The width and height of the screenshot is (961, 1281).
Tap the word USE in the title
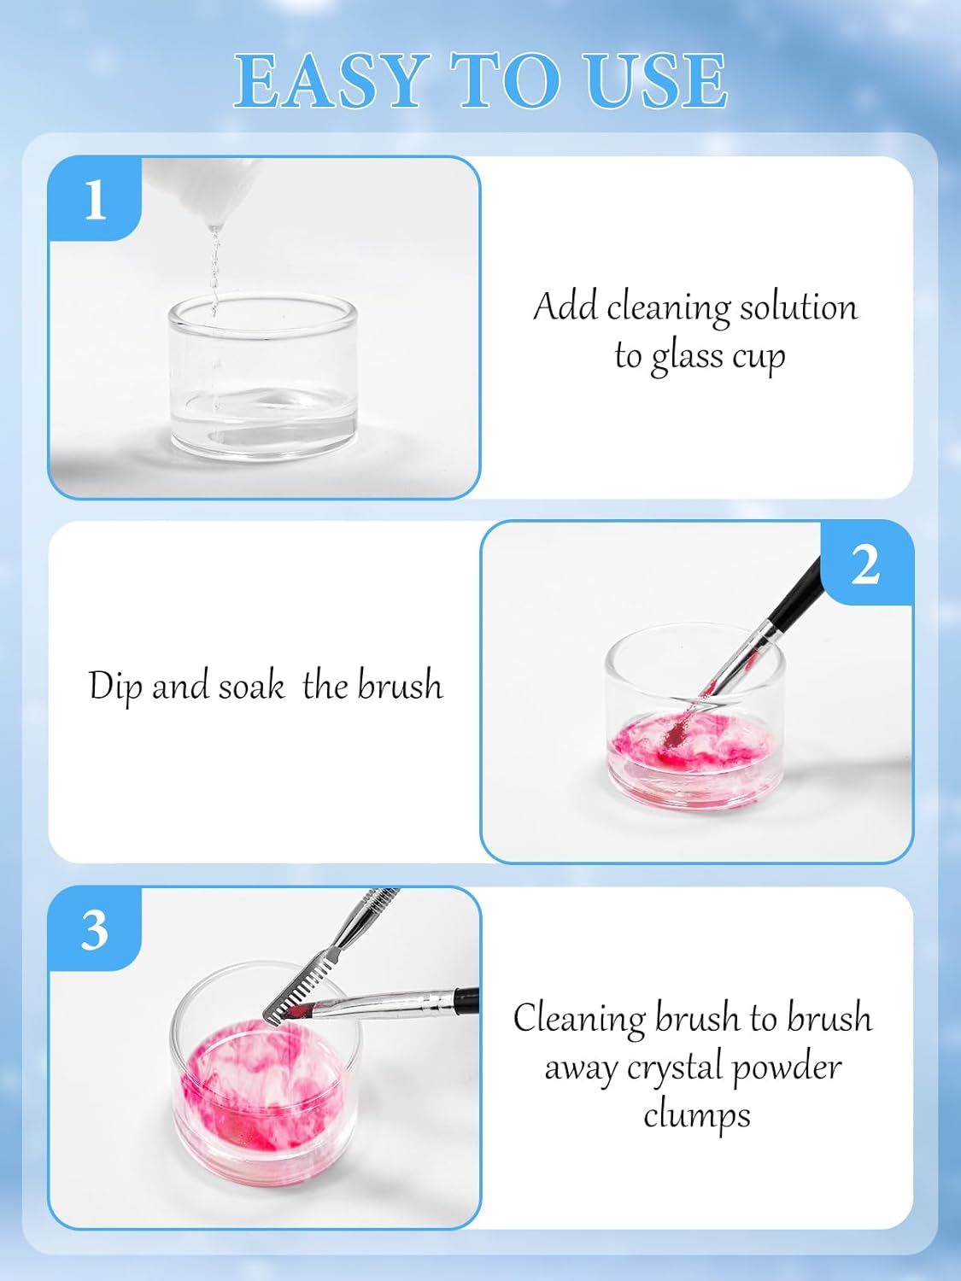(655, 81)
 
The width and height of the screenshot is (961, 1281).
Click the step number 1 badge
(95, 200)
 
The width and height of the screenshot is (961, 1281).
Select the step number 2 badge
(865, 564)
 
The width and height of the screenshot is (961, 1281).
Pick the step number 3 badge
(95, 929)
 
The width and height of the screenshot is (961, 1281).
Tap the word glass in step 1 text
(689, 357)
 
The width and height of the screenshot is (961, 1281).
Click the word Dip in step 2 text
(115, 687)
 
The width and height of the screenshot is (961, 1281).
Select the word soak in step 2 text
(251, 687)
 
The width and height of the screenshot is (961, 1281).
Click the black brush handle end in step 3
(466, 997)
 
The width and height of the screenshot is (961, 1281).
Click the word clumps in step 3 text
(696, 1115)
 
